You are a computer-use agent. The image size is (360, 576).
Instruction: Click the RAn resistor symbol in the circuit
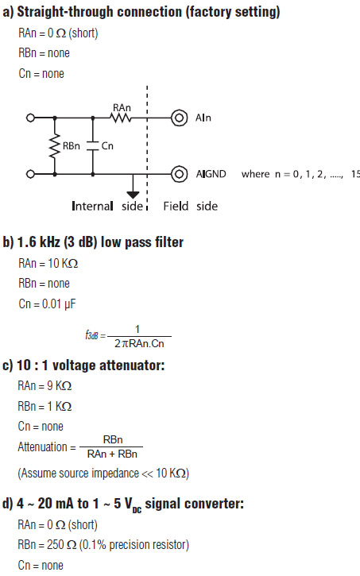pos(121,118)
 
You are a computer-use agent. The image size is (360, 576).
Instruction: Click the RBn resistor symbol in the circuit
pos(55,146)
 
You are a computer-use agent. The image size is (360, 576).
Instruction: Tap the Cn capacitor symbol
pos(93,146)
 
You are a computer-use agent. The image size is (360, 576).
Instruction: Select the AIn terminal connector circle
pos(180,118)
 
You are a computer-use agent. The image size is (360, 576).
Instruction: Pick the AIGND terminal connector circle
pos(180,174)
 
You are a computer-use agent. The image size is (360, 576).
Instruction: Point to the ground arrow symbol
pos(133,195)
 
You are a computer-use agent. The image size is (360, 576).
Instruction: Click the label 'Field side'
pos(190,206)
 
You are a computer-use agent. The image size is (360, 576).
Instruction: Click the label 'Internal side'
pos(107,206)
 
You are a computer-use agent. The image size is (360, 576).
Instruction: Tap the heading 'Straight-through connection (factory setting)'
pos(149,12)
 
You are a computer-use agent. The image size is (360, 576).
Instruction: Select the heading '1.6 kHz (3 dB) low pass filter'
pos(100,242)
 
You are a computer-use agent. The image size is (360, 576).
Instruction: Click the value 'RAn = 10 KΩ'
pos(48,264)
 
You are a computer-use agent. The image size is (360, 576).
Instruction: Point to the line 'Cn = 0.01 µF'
pos(47,304)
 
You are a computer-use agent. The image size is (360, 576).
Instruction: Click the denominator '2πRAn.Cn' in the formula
pos(139,343)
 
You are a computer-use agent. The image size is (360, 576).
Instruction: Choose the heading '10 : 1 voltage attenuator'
pos(91,365)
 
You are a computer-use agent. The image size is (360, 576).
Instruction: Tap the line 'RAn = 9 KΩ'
pos(45,386)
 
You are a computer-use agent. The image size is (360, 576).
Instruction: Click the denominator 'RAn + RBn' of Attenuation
pos(112,454)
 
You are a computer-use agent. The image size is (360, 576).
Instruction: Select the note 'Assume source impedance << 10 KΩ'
pos(103,474)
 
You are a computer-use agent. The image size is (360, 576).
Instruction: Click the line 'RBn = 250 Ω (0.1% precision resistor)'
pos(103,545)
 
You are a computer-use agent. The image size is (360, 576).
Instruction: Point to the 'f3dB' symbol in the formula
pos(91,335)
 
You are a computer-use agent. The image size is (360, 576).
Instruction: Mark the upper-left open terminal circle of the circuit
pos(30,118)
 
